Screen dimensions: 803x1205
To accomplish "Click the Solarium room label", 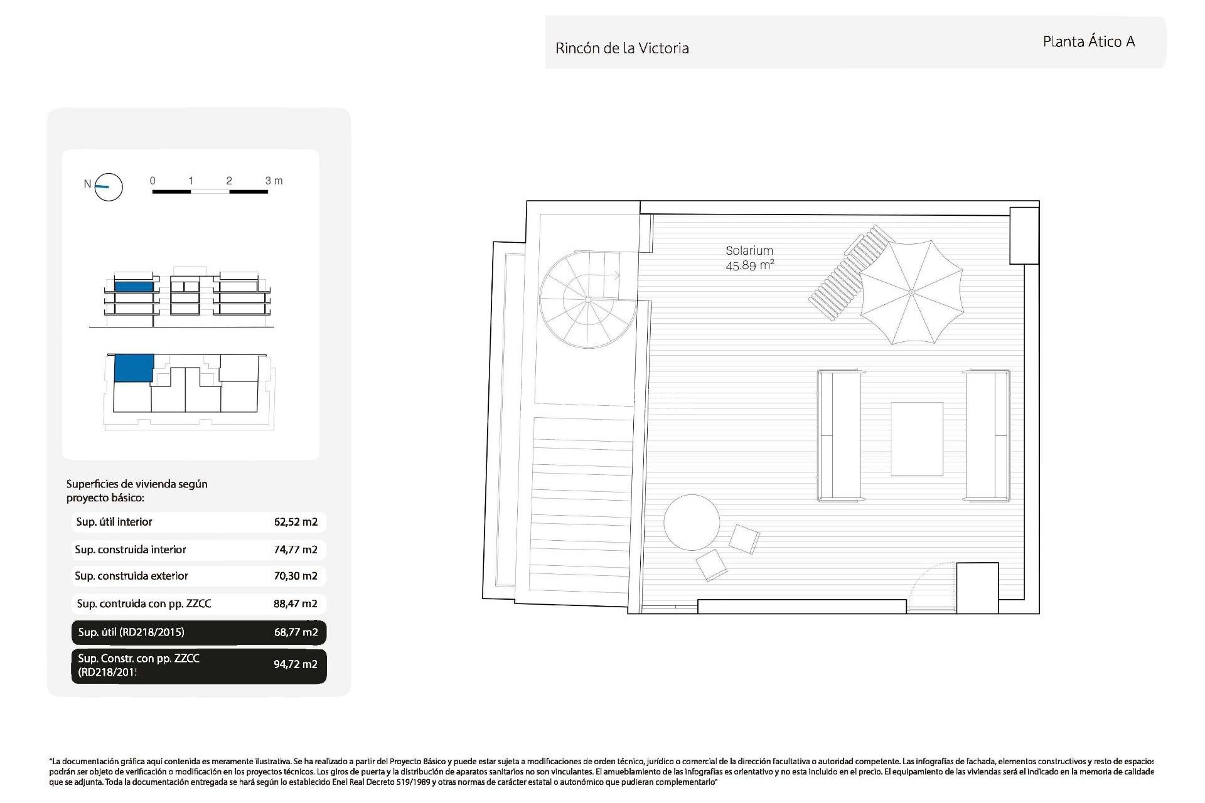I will [749, 250].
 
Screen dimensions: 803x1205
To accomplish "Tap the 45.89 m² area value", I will [749, 265].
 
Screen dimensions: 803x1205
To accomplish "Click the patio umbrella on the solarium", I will [911, 292].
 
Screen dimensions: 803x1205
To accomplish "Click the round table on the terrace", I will [692, 523].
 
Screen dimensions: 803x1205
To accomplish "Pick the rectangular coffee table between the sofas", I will [917, 439].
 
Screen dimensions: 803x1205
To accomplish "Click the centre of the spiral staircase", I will [588, 300].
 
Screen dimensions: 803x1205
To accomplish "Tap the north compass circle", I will [109, 186].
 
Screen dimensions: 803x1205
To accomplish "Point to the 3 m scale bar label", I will [274, 181].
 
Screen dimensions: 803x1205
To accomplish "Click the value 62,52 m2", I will [296, 522].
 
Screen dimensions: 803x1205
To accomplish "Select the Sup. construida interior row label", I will [131, 550].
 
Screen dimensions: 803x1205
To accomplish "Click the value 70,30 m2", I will [296, 576].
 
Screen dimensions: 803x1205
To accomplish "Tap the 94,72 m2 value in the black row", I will [296, 664].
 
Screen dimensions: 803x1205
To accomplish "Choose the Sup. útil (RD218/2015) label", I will [131, 632].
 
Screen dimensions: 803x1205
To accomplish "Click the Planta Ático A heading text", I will [1088, 41].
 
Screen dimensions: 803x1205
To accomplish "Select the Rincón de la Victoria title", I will [622, 48].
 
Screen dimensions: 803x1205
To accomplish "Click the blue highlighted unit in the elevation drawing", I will [134, 287].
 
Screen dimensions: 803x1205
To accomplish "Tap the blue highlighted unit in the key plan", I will [134, 368].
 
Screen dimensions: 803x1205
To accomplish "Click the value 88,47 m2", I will [296, 604].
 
